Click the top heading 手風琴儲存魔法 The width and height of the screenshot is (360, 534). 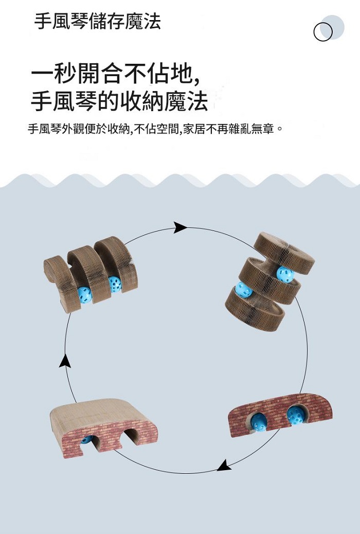[98, 22]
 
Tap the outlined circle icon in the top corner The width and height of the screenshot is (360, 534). [322, 32]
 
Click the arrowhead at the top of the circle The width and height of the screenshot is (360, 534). [179, 227]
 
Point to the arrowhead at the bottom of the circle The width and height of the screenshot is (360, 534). [224, 466]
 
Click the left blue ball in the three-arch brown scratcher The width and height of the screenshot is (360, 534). [84, 294]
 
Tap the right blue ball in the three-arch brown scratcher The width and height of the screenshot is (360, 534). [115, 284]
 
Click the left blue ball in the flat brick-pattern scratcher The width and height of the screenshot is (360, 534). [259, 422]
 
